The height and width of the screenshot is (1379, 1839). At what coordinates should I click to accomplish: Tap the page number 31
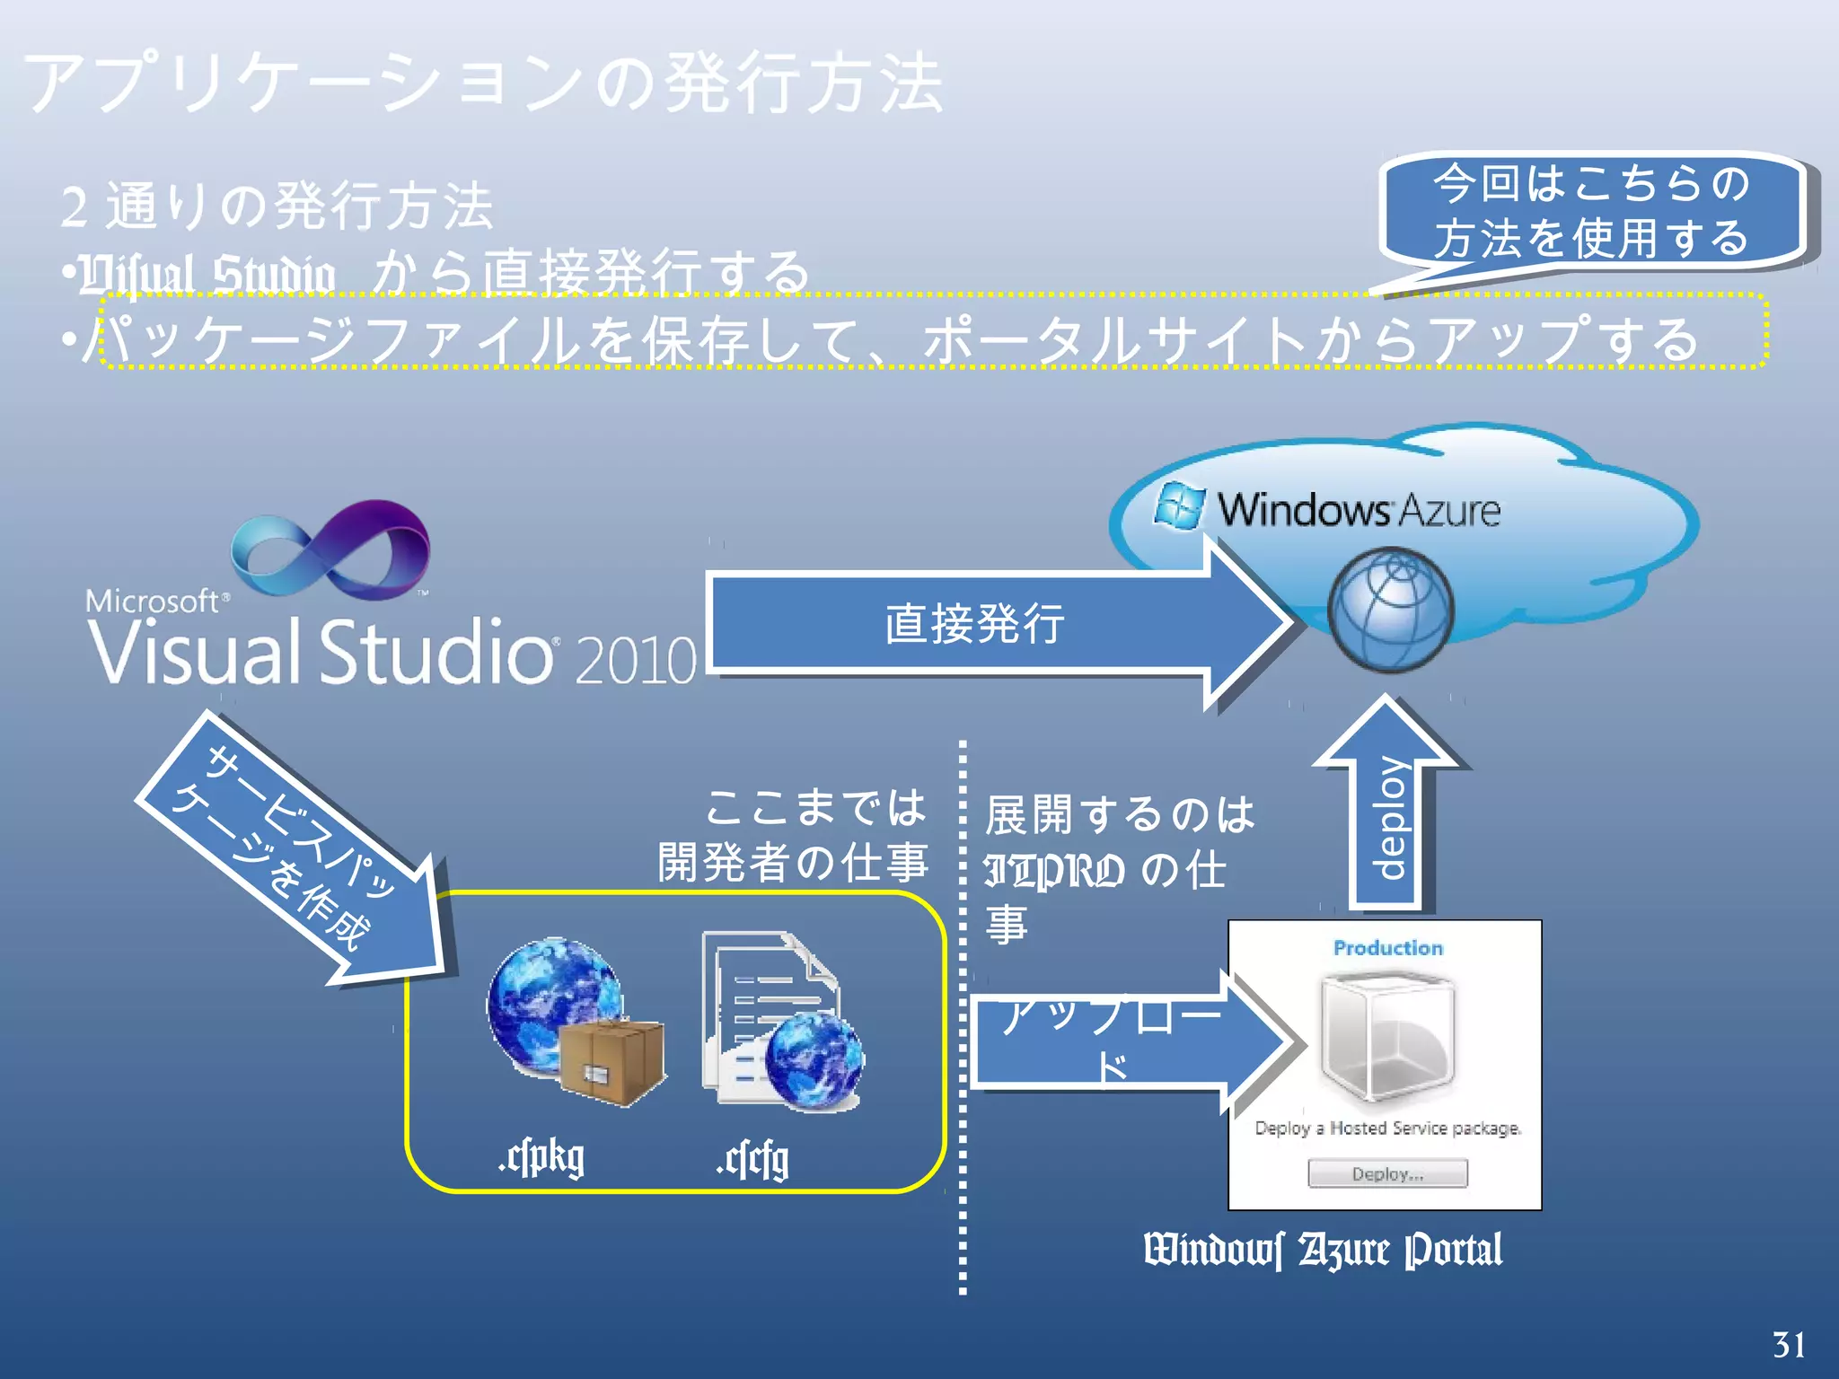pos(1789,1345)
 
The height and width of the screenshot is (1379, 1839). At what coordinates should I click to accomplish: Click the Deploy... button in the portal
pos(1387,1173)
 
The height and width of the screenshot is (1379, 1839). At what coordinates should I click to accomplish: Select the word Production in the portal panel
pos(1387,948)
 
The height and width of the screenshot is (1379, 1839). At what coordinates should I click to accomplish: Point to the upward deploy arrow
pos(1388,808)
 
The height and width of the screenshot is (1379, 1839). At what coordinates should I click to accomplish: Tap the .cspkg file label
pos(541,1158)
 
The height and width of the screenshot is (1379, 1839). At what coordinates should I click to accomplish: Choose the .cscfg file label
pos(752,1160)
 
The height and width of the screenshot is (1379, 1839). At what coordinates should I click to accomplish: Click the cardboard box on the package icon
pos(612,1064)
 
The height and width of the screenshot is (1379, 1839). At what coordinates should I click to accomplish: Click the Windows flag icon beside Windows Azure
pos(1178,506)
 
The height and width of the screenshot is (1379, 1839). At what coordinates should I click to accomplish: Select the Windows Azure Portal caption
pos(1323,1251)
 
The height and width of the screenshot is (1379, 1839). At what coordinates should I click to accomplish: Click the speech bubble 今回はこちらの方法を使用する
pos(1591,212)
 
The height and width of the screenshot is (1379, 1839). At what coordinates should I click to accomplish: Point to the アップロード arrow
pos(1122,1041)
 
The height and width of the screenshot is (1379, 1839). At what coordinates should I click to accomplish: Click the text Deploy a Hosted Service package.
pos(1387,1129)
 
